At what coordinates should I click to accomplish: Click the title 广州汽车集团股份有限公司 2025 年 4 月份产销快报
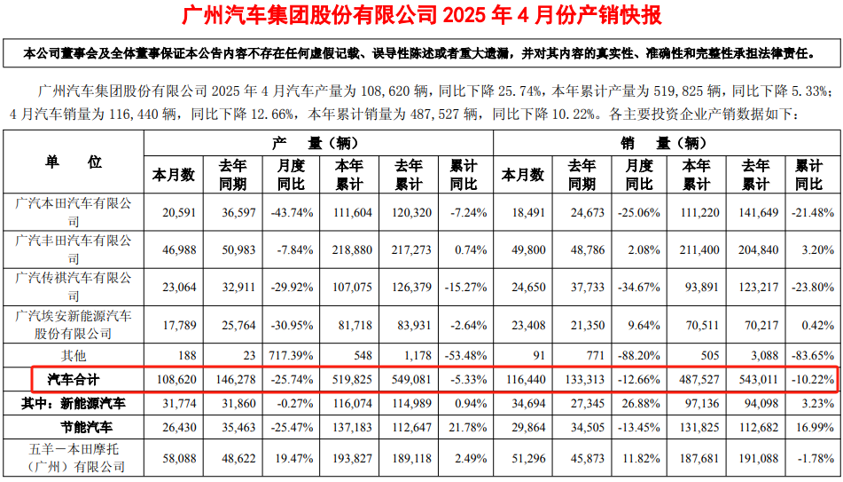(x=421, y=15)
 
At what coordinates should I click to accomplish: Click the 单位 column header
(x=74, y=162)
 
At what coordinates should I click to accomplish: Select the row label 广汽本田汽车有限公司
(x=74, y=212)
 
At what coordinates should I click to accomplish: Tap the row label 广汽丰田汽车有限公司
(x=74, y=249)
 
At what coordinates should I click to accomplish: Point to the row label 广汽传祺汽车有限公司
(x=74, y=287)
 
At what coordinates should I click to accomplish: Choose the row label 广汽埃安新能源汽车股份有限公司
(x=74, y=324)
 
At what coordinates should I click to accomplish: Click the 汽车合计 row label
(x=74, y=380)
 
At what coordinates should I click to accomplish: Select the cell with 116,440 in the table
(x=523, y=380)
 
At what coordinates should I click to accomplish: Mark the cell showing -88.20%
(x=639, y=356)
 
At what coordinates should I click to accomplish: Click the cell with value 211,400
(x=698, y=249)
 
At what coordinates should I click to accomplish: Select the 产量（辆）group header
(x=316, y=142)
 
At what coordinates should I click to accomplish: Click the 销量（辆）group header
(x=664, y=142)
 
